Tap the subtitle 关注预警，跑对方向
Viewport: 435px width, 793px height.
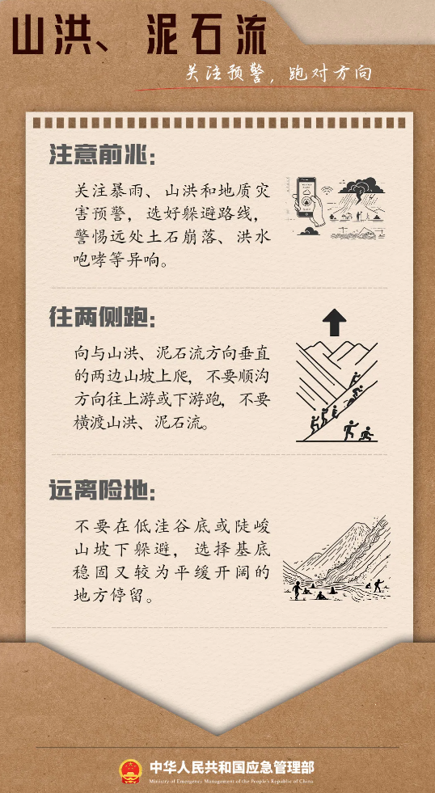(x=278, y=74)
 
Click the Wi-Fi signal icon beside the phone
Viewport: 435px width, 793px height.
(x=327, y=192)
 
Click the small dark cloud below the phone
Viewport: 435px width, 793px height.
(x=309, y=231)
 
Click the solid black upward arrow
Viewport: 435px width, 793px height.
(x=335, y=323)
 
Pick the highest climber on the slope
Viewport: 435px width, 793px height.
(x=356, y=379)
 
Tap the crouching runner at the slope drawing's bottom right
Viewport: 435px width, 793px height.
(x=366, y=434)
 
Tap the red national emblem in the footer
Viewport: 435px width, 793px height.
(x=130, y=770)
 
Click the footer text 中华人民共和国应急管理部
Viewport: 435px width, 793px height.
(x=232, y=766)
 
